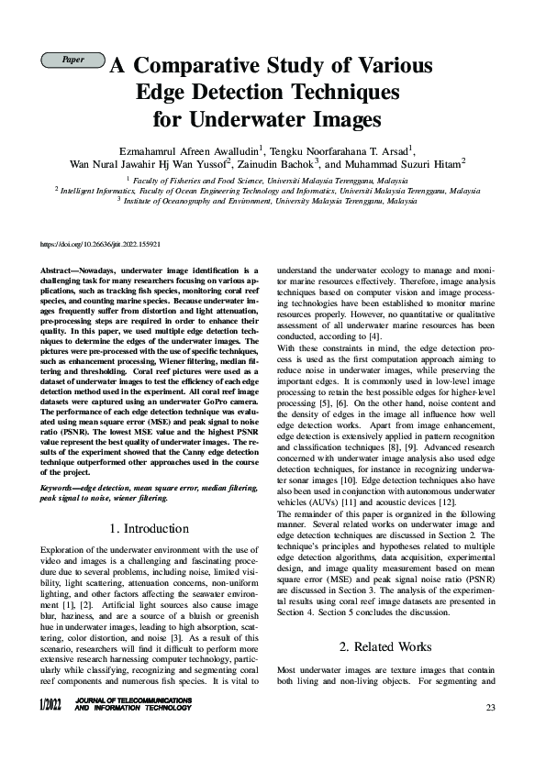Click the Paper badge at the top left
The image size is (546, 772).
72,61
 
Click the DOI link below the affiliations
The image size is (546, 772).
102,244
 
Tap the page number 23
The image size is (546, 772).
491,707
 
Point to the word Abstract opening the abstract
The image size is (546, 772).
60,271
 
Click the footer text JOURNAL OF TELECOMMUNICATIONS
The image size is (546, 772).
133,701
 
